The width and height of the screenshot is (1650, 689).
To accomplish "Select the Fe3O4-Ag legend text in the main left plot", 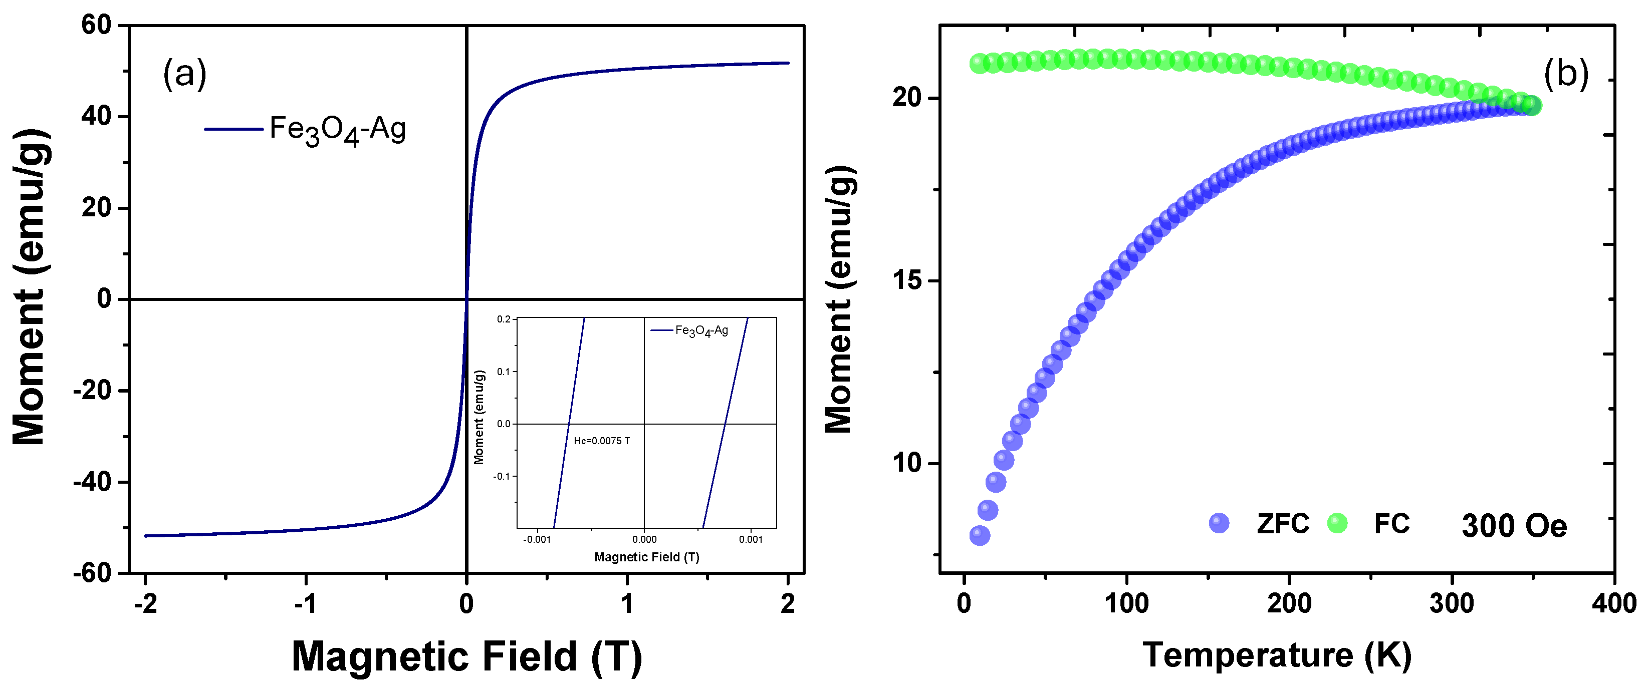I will click(x=338, y=130).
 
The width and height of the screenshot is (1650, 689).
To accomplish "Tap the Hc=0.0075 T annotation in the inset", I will click(x=601, y=441).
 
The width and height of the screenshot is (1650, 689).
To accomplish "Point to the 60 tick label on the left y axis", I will click(x=96, y=26).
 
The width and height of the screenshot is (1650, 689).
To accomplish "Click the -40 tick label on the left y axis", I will click(x=92, y=482).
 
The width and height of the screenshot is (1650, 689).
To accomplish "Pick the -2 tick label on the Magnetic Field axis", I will click(x=145, y=604).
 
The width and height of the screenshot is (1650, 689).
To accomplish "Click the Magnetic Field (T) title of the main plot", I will click(x=466, y=657).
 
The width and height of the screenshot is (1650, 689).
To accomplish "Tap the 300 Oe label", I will click(x=1514, y=526).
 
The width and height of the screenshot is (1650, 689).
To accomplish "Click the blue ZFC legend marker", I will click(x=1219, y=523).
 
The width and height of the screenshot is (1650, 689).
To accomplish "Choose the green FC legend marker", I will click(x=1337, y=523).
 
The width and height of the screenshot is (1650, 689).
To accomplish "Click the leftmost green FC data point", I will click(x=979, y=64).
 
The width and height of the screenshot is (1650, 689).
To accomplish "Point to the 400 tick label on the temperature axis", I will click(x=1613, y=604).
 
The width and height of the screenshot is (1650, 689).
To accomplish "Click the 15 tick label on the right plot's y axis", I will click(x=907, y=281).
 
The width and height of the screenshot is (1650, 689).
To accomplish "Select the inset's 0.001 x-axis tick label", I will click(x=751, y=540).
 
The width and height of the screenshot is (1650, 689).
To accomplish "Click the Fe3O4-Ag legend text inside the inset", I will click(x=701, y=331).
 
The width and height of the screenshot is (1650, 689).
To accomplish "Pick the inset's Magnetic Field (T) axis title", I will click(x=646, y=557).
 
